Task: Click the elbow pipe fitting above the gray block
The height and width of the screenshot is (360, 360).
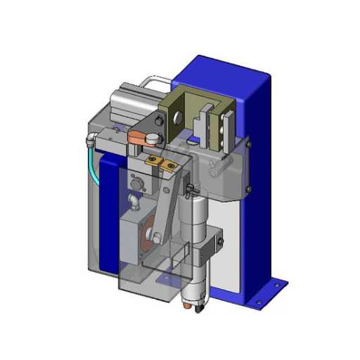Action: click(x=133, y=204)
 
